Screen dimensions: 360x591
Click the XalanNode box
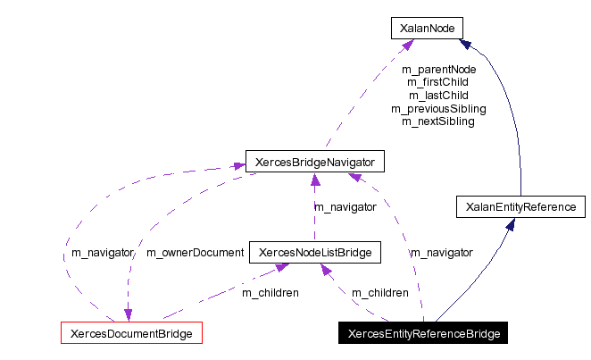[x=427, y=29]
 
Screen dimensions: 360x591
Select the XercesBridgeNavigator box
[x=314, y=163]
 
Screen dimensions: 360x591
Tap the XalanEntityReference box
[x=520, y=207]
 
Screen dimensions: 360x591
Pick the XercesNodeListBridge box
[x=314, y=253]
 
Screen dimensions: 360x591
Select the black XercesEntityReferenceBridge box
[x=423, y=334]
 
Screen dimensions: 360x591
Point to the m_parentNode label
[x=438, y=69]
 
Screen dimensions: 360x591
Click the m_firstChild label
[x=438, y=81]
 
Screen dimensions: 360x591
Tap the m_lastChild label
[x=438, y=95]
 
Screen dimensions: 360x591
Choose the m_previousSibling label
[x=438, y=108]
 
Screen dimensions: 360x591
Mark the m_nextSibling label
[x=438, y=121]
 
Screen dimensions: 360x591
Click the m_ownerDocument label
[x=195, y=253]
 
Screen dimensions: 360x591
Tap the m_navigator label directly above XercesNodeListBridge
[x=345, y=207]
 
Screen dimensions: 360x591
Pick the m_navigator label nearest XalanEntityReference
[x=441, y=253]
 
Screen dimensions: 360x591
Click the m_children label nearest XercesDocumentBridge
[x=271, y=293]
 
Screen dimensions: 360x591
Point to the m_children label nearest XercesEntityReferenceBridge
[x=380, y=293]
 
